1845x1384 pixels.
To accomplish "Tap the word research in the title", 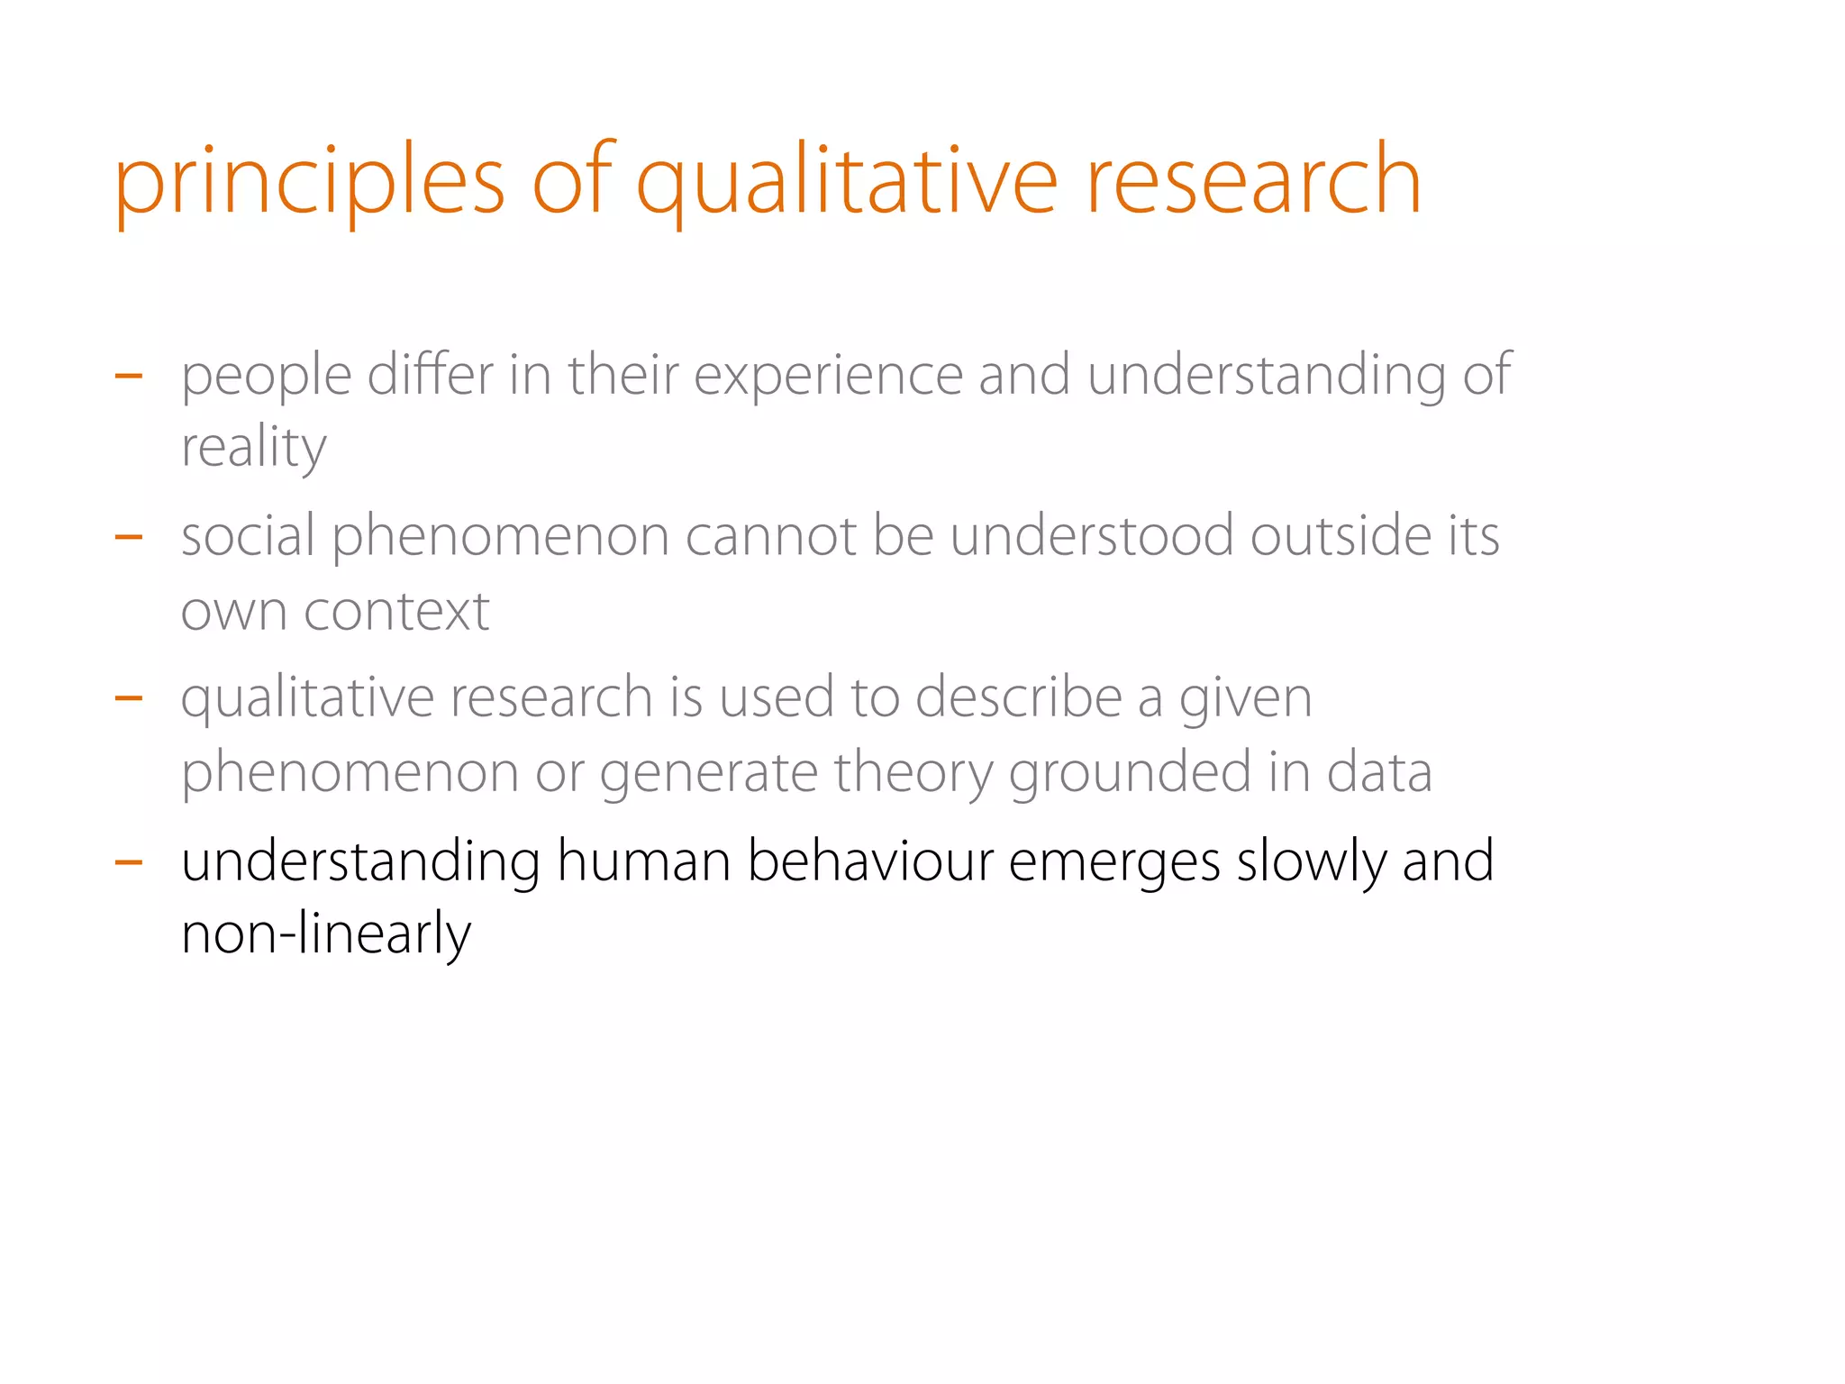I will (1253, 183).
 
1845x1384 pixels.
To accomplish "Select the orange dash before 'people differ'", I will (129, 375).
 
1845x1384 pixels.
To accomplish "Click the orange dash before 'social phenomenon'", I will (129, 537).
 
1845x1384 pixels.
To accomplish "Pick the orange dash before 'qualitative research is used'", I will (129, 697).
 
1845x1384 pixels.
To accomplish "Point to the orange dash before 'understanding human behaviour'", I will (129, 862).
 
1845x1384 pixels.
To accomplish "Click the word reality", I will (253, 448).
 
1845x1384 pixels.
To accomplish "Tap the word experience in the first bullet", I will (828, 375).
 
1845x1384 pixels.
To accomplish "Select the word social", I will (248, 536).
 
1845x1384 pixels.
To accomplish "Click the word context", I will (396, 612).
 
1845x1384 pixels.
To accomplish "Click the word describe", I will (1019, 698).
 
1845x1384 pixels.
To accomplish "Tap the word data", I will (1378, 772).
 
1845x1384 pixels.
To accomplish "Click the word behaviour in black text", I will (870, 861).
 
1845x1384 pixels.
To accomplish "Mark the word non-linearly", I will (325, 934).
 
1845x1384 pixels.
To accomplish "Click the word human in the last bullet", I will (643, 861).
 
